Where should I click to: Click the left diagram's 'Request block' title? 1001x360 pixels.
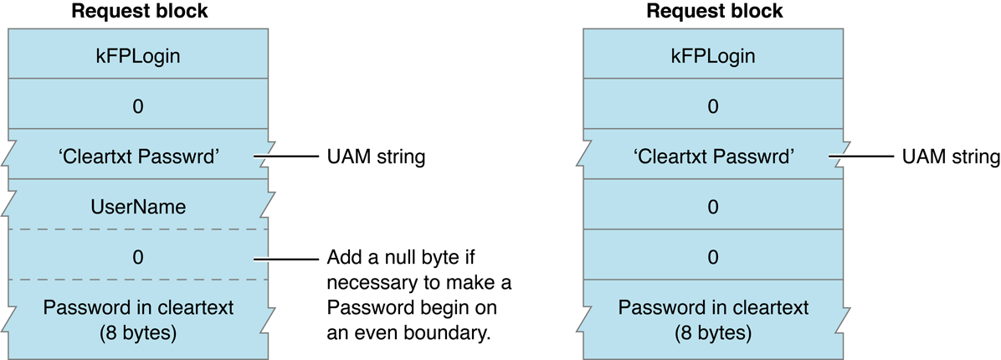coord(140,13)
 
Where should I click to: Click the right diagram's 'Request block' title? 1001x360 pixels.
coord(713,13)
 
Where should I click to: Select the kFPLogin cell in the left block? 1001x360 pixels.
coord(140,56)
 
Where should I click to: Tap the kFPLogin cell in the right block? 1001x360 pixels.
coord(713,56)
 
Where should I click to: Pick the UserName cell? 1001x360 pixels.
coord(140,206)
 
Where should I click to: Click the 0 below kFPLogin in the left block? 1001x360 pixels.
coord(140,106)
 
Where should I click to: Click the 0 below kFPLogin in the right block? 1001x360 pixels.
coord(713,106)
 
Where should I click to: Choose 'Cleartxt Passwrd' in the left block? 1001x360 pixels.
coord(140,156)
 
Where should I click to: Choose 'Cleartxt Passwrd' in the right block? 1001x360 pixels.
coord(713,156)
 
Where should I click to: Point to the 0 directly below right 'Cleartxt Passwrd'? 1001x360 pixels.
coord(713,206)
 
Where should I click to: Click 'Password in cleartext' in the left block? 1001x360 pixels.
coord(140,307)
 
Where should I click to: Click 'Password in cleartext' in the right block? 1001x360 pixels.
coord(713,307)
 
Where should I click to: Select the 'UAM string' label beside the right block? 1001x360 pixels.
coord(950,157)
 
